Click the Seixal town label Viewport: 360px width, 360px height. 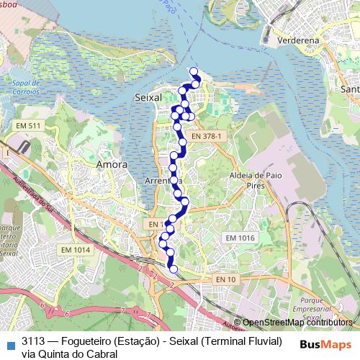(x=148, y=96)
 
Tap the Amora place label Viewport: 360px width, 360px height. (x=112, y=165)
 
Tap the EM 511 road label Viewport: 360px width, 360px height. (x=28, y=126)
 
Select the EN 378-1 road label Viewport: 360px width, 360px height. (x=210, y=135)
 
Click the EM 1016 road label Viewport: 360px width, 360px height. (x=240, y=238)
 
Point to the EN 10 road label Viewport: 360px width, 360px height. (x=225, y=279)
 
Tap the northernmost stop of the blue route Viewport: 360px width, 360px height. (x=194, y=71)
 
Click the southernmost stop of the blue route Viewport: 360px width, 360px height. (x=172, y=269)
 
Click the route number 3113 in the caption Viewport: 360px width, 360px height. (x=35, y=341)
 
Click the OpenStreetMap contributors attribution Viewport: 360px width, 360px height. (x=297, y=323)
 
